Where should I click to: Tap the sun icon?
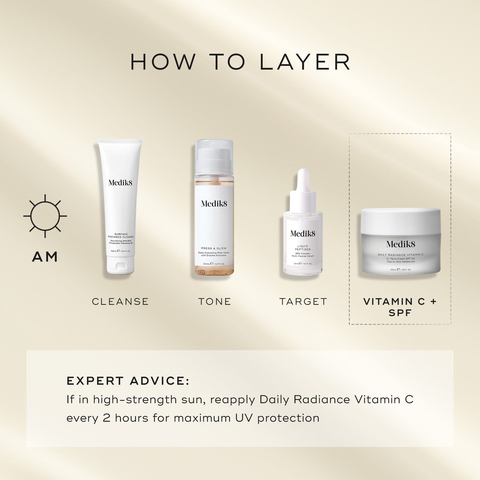click(x=45, y=216)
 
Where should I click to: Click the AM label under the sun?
click(x=45, y=257)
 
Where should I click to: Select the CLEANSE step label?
click(x=120, y=301)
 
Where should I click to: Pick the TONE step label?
click(x=214, y=301)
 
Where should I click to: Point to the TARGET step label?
click(x=303, y=301)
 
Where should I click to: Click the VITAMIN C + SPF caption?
click(x=400, y=307)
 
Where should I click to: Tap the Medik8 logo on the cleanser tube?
click(x=120, y=183)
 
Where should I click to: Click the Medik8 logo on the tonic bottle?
click(x=214, y=204)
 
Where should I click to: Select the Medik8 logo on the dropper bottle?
click(x=303, y=233)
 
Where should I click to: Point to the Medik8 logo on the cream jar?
click(x=400, y=244)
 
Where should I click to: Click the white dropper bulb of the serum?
click(x=303, y=180)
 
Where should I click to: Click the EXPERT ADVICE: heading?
click(x=128, y=381)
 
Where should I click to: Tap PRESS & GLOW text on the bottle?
click(x=214, y=248)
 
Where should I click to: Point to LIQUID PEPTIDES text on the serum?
click(x=303, y=247)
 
